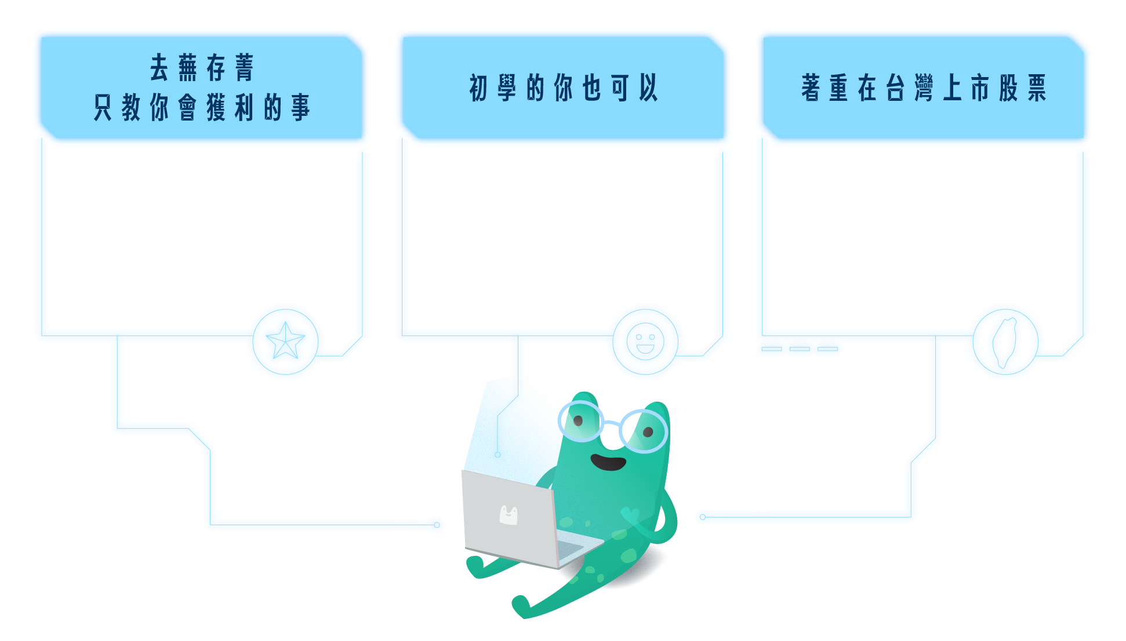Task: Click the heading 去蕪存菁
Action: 202,68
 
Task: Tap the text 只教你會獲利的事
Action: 202,108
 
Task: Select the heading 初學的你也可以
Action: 563,88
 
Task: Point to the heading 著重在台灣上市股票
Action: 924,88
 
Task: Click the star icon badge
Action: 285,342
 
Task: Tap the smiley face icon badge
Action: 645,341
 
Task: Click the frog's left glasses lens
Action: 580,422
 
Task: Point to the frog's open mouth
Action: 608,462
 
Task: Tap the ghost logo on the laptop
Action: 508,514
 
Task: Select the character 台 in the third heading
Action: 895,88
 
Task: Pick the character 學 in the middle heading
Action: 506,88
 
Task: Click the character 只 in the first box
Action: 103,108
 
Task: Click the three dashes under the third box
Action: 800,349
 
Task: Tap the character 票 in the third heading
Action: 1037,88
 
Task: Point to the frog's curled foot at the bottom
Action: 521,606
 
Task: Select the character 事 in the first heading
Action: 301,108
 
